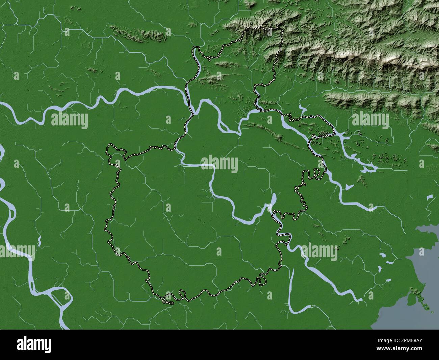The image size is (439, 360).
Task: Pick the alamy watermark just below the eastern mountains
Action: click(370, 121)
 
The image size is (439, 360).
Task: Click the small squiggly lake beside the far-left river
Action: click(40, 241)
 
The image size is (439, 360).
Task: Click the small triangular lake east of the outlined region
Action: click(349, 187)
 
